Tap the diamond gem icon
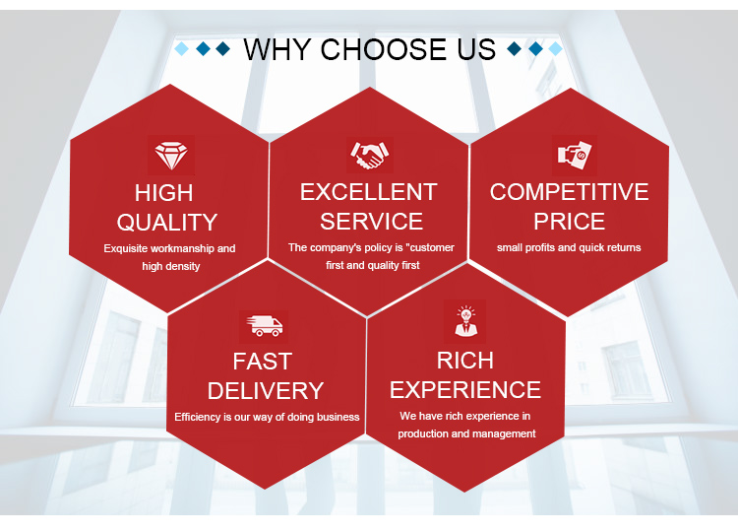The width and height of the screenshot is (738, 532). pos(171,156)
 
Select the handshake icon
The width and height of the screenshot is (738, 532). pos(369,155)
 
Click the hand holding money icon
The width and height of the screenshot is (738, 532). pos(575,155)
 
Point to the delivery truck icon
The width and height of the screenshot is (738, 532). pos(264,326)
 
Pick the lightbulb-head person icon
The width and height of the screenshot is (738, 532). pos(465,321)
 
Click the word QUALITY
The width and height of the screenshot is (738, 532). pos(167,223)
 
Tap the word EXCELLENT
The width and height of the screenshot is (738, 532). pos(369,192)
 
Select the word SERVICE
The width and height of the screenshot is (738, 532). pos(371,222)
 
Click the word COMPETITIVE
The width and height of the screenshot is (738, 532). pos(569,192)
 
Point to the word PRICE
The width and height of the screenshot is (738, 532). pos(569,222)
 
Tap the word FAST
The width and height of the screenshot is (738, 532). pos(263,362)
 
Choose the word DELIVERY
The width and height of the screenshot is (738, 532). pos(266,391)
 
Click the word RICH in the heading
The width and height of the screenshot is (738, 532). pos(465,361)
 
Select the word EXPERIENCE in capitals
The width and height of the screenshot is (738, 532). pos(465,390)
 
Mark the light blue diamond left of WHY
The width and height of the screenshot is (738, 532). pos(182,48)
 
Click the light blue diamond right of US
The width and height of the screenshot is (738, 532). pos(555,48)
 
